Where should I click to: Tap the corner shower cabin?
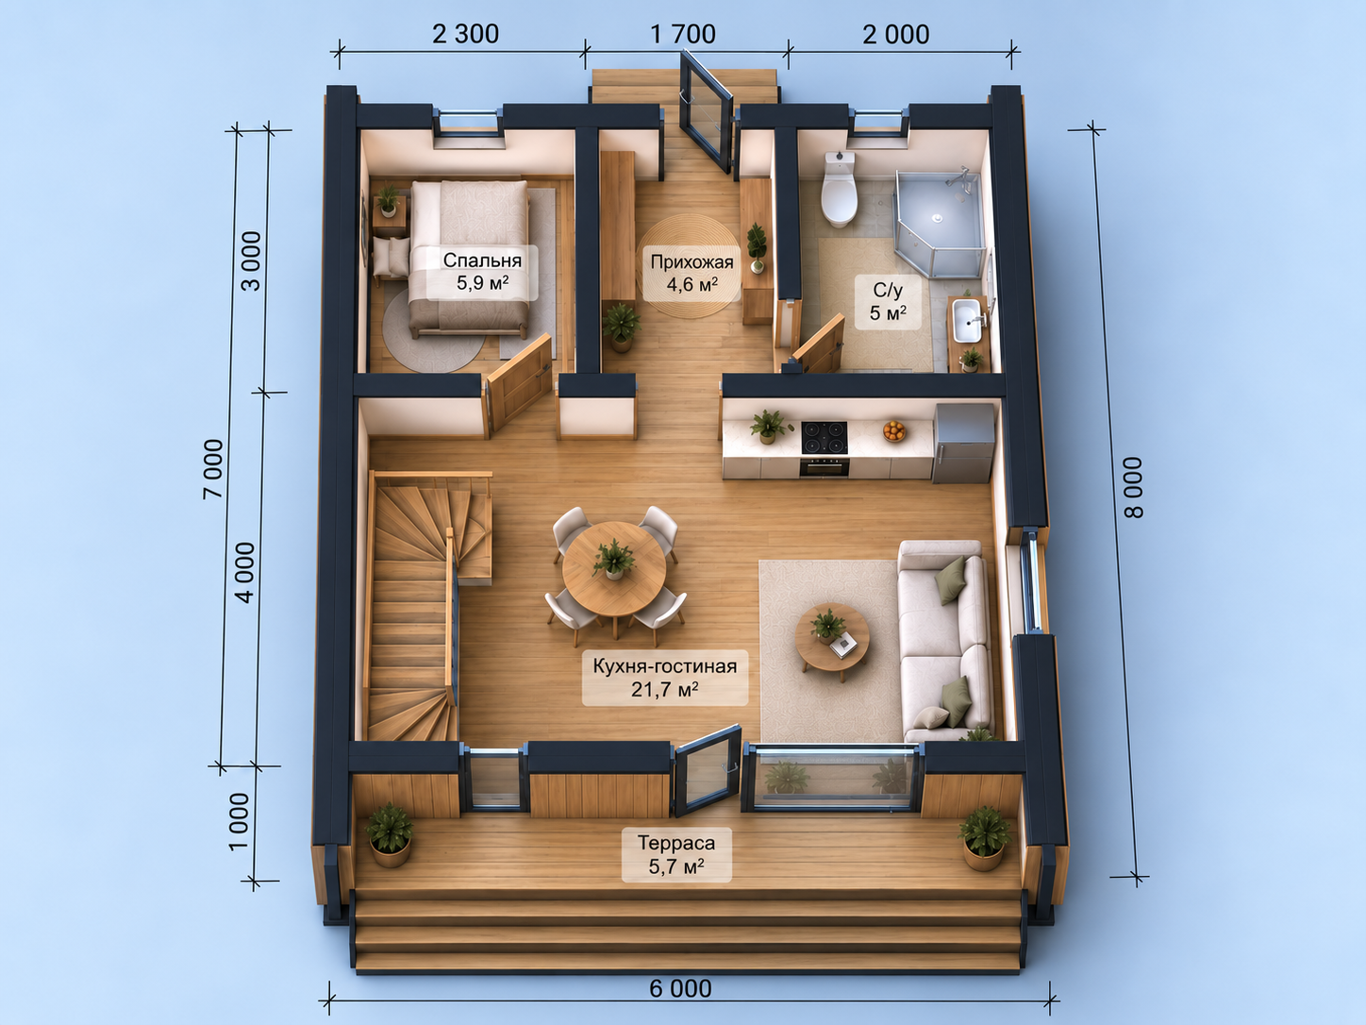click(940, 223)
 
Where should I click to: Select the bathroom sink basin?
click(968, 320)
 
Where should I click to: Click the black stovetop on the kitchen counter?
click(825, 438)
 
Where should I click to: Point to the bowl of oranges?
click(894, 430)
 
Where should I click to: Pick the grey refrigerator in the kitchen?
click(963, 443)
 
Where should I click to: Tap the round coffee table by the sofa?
click(832, 637)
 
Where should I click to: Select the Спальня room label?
click(482, 260)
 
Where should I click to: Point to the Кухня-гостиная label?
click(665, 666)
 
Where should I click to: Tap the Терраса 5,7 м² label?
click(676, 854)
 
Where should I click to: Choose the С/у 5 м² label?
click(888, 301)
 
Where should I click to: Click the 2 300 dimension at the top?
click(465, 34)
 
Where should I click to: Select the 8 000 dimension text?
click(1134, 488)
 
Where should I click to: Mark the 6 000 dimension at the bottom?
click(680, 988)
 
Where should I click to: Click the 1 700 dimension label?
click(683, 34)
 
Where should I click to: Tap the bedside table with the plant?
click(390, 214)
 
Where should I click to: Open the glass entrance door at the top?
click(706, 112)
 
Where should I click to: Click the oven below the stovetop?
click(825, 466)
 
